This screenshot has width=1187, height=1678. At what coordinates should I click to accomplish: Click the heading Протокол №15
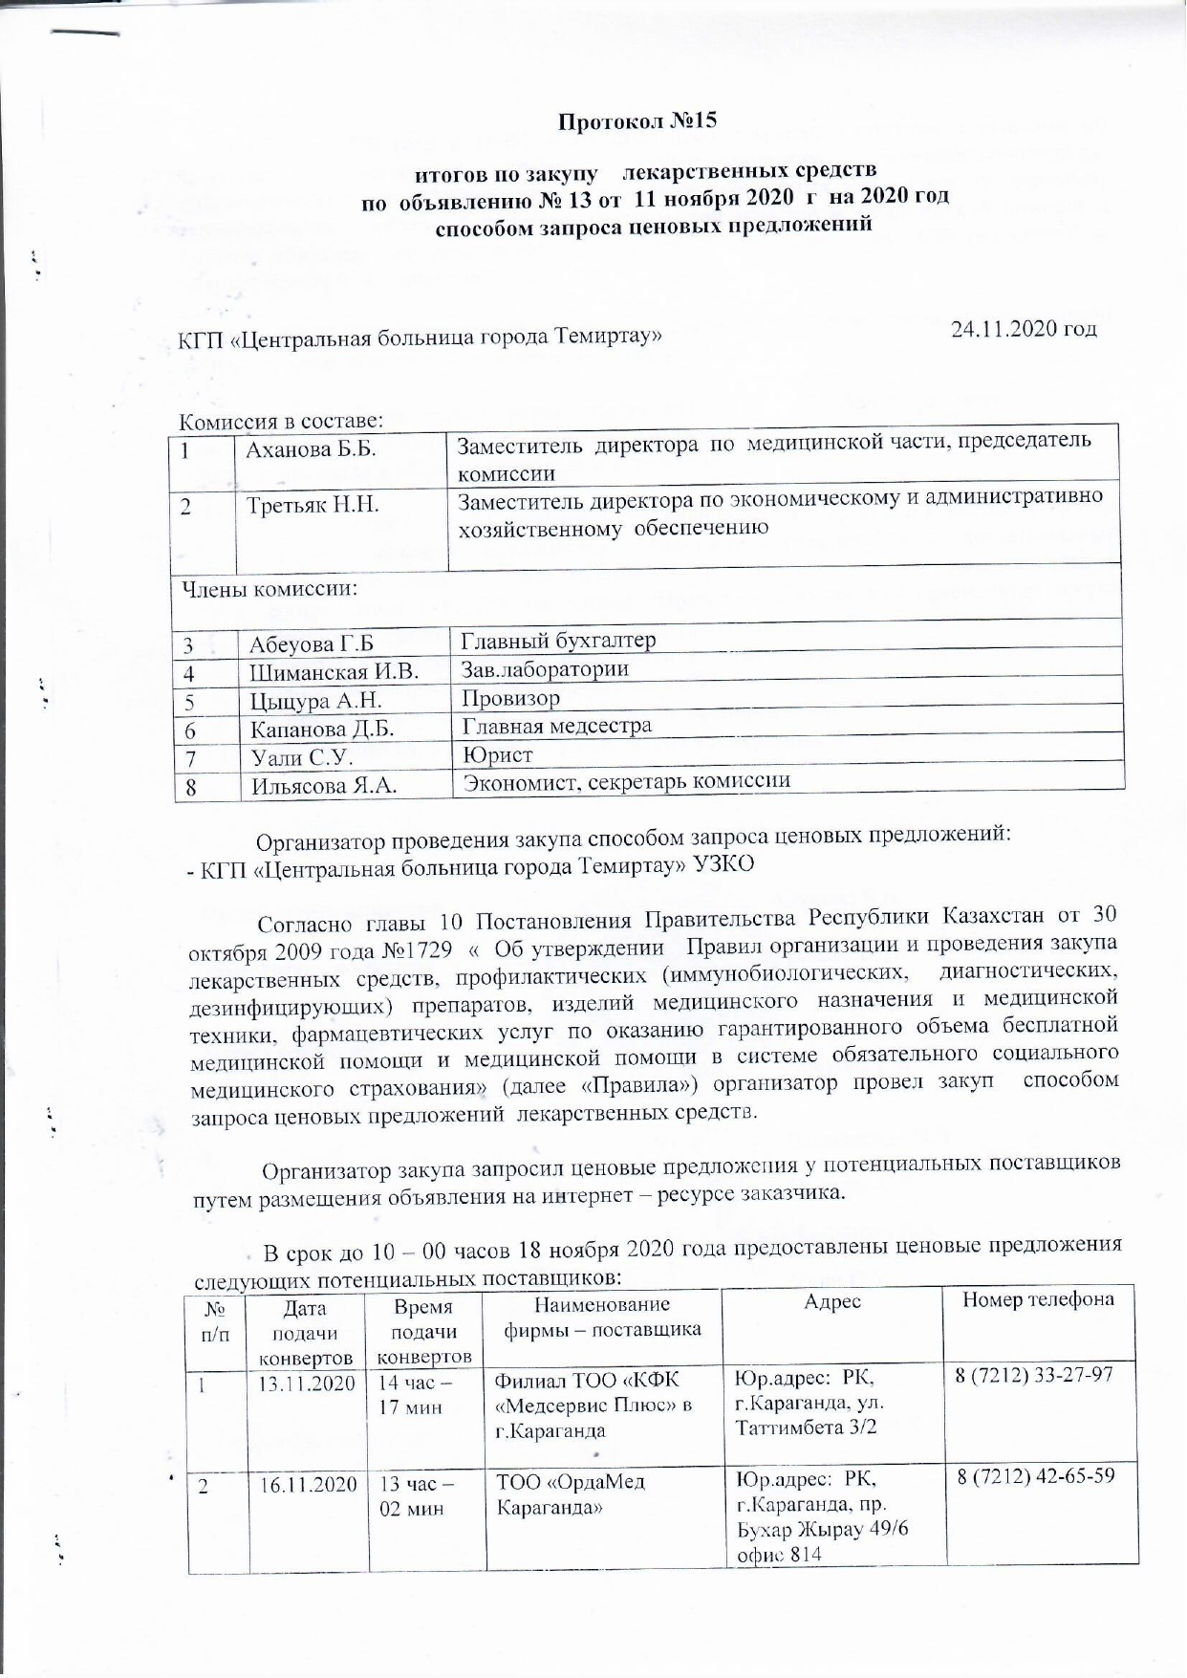click(637, 121)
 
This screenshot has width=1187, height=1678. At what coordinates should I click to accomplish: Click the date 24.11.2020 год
click(1024, 329)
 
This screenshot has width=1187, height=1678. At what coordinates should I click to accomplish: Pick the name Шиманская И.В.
click(335, 672)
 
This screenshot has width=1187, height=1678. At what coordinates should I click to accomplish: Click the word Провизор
click(511, 698)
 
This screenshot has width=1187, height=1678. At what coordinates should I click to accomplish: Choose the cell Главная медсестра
click(557, 726)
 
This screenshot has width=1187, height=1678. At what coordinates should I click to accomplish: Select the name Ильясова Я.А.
click(325, 787)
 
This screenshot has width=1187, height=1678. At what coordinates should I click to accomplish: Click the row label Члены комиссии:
click(265, 588)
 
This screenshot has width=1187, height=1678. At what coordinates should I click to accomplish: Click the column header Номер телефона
click(1038, 1299)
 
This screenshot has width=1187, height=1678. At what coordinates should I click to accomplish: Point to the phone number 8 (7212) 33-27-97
click(1035, 1374)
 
